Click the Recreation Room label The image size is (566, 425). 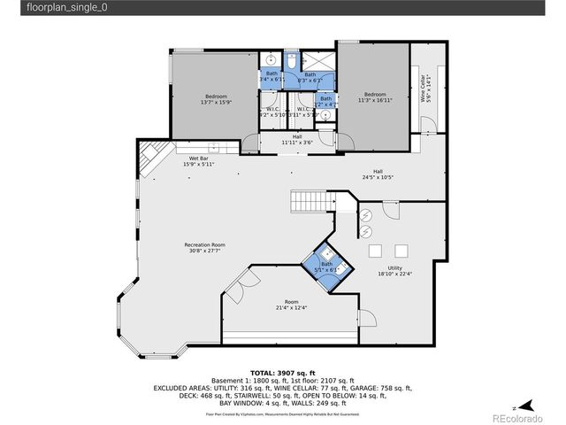point(204,247)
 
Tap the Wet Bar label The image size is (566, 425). point(198,160)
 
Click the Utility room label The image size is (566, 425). point(394,270)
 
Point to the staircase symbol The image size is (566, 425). point(310,202)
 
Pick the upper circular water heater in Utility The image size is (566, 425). point(365,214)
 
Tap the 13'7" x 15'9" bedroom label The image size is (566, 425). point(217,98)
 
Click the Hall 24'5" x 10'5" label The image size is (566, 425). point(377,174)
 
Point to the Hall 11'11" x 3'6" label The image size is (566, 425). point(297,139)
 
